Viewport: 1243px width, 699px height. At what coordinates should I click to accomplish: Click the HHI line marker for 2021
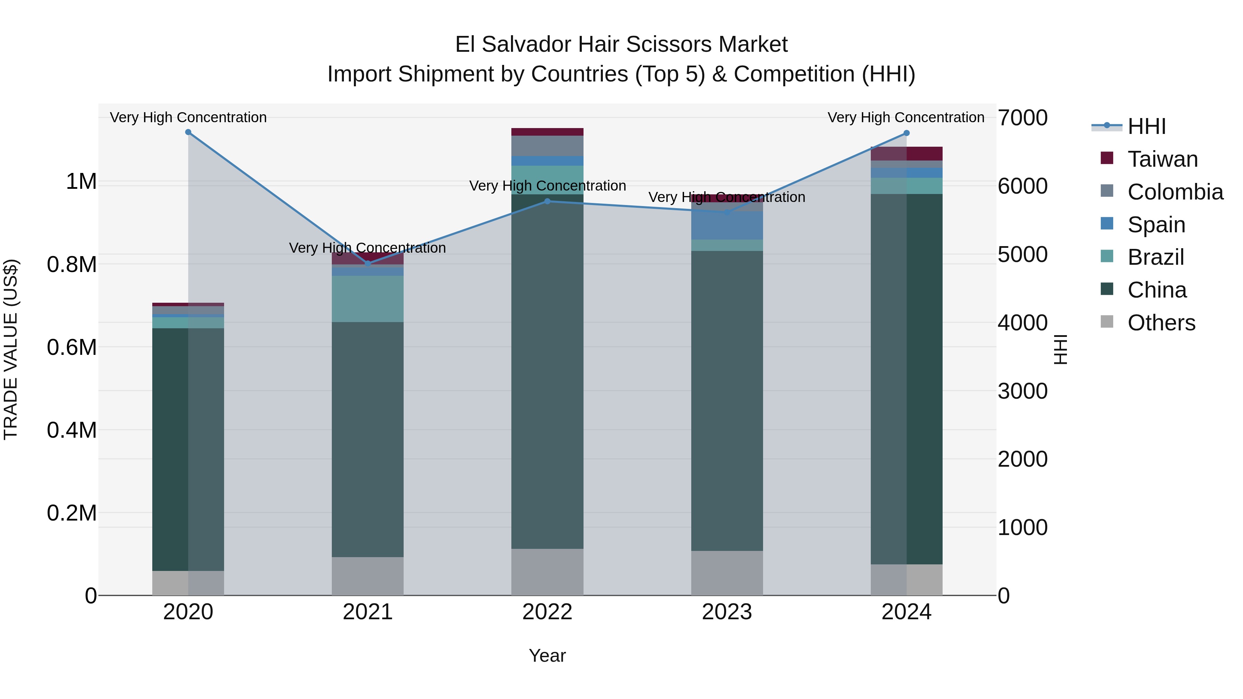(368, 263)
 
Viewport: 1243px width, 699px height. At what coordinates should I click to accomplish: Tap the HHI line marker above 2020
(188, 132)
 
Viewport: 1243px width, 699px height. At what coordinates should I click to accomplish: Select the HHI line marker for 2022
(547, 201)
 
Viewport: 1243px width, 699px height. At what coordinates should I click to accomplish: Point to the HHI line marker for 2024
(906, 133)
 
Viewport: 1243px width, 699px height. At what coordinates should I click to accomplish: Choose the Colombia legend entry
(1175, 192)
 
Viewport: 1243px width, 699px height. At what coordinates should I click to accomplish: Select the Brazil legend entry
(1156, 257)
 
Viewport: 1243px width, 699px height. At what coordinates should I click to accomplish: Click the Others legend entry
(1161, 323)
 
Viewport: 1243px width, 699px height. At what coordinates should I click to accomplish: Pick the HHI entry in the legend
(1146, 126)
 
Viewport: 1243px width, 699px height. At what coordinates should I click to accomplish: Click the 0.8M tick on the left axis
(71, 265)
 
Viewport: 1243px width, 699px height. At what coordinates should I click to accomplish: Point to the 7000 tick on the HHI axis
(1022, 118)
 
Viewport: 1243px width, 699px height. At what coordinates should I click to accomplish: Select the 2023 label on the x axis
(727, 612)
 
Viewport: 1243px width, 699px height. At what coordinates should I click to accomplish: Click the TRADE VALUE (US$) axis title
(11, 349)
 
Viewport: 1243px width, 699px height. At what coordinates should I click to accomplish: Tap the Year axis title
(547, 656)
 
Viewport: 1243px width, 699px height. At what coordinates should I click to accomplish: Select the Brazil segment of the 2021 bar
(368, 299)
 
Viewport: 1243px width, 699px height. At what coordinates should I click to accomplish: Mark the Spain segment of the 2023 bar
(727, 225)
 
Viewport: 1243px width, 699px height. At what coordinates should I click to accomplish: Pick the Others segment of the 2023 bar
(727, 573)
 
